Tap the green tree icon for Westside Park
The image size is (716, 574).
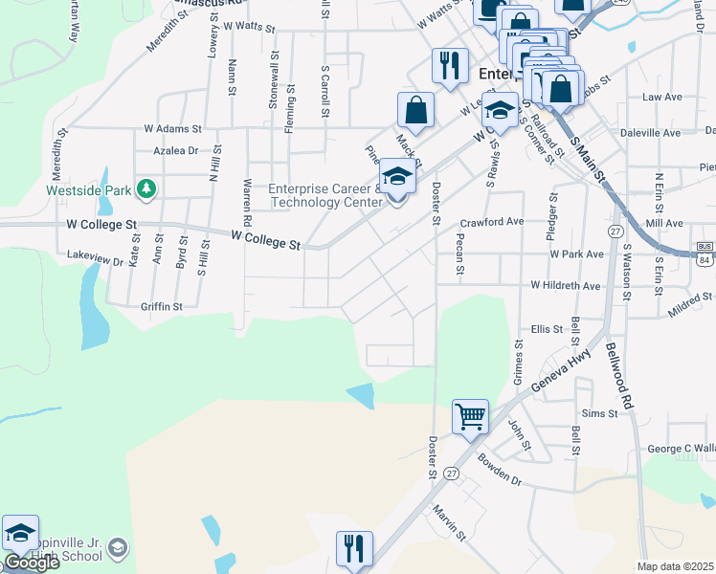point(145,189)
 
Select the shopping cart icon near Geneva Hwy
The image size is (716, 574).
point(470,417)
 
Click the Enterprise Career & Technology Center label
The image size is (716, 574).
point(324,195)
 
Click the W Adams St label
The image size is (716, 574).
point(173,127)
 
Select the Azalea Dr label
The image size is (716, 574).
point(178,151)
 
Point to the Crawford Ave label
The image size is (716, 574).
point(492,222)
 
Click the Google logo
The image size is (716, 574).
point(32,563)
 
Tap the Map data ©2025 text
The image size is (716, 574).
point(676,566)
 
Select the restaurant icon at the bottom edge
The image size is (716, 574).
point(354,550)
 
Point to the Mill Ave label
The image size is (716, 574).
point(664,223)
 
